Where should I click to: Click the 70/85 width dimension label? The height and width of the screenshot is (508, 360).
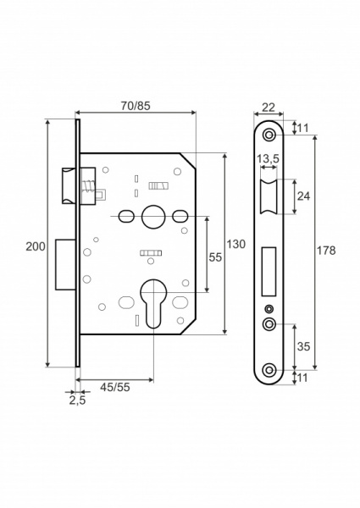tap(136, 106)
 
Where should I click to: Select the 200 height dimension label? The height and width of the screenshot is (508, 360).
tap(36, 246)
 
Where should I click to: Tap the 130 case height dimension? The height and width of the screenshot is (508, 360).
tap(235, 244)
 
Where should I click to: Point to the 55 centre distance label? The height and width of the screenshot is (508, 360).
tap(215, 257)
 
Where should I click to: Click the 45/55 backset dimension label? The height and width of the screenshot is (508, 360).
tap(114, 387)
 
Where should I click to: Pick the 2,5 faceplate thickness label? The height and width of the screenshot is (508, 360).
tap(77, 400)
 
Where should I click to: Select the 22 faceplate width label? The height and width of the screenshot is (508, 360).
tap(269, 108)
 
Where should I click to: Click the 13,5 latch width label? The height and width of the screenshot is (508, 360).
tap(268, 159)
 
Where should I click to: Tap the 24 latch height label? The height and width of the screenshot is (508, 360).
tap(303, 196)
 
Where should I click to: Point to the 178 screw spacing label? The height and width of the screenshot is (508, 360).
tap(327, 250)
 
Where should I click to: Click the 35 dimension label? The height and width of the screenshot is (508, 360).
tap(303, 346)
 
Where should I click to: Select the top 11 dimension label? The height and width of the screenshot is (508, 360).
tap(302, 128)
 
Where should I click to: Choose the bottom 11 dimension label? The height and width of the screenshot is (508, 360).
tap(302, 378)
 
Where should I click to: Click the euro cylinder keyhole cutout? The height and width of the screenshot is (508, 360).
tap(152, 303)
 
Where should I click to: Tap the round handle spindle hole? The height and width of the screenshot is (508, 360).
tap(152, 217)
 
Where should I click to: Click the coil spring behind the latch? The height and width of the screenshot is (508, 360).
tap(87, 186)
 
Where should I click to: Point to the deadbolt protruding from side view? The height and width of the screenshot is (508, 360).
tap(66, 264)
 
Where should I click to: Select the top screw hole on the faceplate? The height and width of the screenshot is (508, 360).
tap(269, 135)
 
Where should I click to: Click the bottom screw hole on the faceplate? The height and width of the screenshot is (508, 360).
tap(269, 370)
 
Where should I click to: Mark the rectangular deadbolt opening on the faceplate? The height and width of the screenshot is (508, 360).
tap(269, 271)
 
